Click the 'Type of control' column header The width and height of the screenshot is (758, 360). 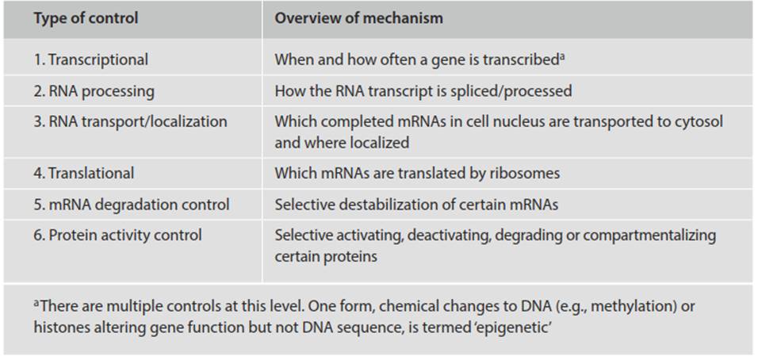(86, 18)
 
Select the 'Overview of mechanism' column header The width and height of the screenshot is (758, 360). (358, 18)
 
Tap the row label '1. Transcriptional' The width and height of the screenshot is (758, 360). (91, 60)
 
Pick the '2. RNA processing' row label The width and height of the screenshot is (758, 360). (94, 91)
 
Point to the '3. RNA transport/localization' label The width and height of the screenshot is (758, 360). (130, 121)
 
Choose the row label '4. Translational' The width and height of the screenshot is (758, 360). (83, 173)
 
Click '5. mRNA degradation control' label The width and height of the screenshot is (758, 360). (131, 205)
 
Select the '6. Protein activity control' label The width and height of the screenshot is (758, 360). (117, 236)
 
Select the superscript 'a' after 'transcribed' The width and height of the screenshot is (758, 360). (562, 57)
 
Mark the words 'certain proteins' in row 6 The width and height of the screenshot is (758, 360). (326, 257)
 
